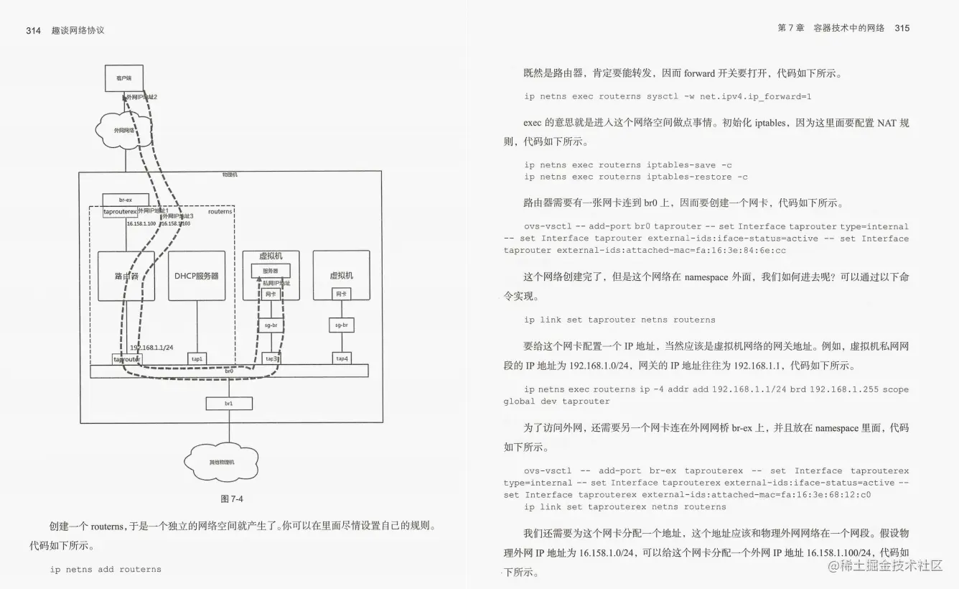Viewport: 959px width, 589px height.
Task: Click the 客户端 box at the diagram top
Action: tap(123, 78)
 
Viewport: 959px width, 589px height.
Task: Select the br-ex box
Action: tap(126, 200)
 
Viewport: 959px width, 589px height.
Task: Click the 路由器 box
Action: tap(126, 275)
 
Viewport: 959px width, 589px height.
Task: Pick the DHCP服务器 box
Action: tap(197, 275)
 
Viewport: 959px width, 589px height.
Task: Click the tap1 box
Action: tap(197, 358)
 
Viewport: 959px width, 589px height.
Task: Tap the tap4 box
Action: tap(342, 358)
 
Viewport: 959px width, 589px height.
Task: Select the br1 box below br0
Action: tap(229, 404)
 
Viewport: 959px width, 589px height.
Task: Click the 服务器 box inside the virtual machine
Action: tap(271, 271)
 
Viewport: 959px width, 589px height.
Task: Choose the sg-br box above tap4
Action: tap(342, 325)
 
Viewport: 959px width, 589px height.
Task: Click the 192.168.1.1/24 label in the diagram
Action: tap(151, 347)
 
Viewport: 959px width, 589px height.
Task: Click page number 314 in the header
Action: tap(33, 30)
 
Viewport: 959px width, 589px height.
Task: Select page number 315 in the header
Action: tap(902, 28)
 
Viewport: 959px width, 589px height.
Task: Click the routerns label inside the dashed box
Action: tap(220, 211)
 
